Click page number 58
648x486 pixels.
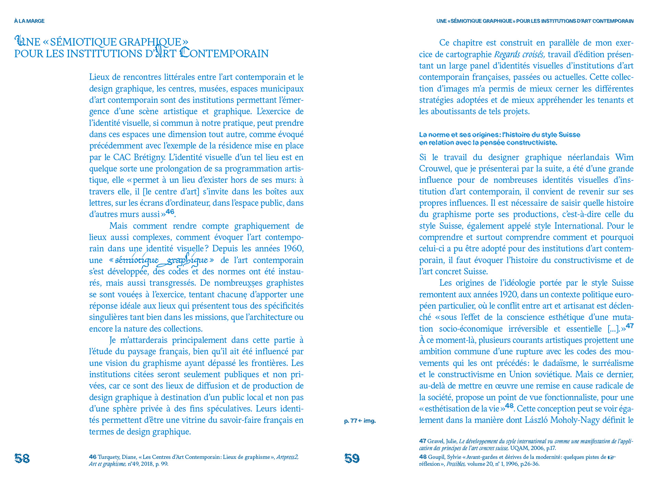pos(22,459)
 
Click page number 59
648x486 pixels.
pos(352,459)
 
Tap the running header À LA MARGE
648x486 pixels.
pos(29,21)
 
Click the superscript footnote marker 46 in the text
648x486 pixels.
pos(170,212)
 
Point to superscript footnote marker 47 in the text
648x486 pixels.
pos(629,326)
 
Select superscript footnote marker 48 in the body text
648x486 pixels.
pos(509,406)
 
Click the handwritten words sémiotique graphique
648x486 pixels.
pos(162,261)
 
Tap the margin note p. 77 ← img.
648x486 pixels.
pos(360,421)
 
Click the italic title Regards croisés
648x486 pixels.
pos(520,55)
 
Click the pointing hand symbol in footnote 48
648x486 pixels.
pos(612,457)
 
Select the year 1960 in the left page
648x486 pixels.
pos(293,249)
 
